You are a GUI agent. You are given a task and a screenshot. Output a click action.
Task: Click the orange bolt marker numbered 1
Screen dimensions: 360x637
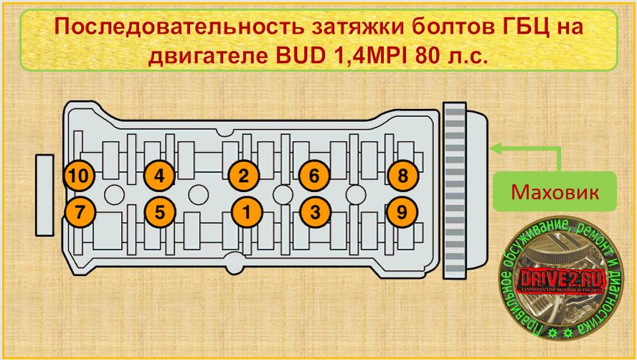point(246,212)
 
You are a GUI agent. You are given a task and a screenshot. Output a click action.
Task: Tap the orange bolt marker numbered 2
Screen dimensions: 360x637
point(244,175)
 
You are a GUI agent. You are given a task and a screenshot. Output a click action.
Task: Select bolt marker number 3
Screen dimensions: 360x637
point(314,212)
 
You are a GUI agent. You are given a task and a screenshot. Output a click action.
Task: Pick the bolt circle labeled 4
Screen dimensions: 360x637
point(159,175)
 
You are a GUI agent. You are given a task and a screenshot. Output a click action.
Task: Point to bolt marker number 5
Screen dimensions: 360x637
point(159,212)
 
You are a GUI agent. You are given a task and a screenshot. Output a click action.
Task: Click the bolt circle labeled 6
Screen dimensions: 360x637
point(314,175)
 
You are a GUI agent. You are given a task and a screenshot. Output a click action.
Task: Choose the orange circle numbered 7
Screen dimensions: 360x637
point(79,212)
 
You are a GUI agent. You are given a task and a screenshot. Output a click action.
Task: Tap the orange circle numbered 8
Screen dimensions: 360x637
point(402,175)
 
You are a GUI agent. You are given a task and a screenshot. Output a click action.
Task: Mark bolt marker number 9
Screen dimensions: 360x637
point(402,212)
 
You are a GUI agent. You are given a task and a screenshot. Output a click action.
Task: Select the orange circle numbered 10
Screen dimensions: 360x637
point(79,175)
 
